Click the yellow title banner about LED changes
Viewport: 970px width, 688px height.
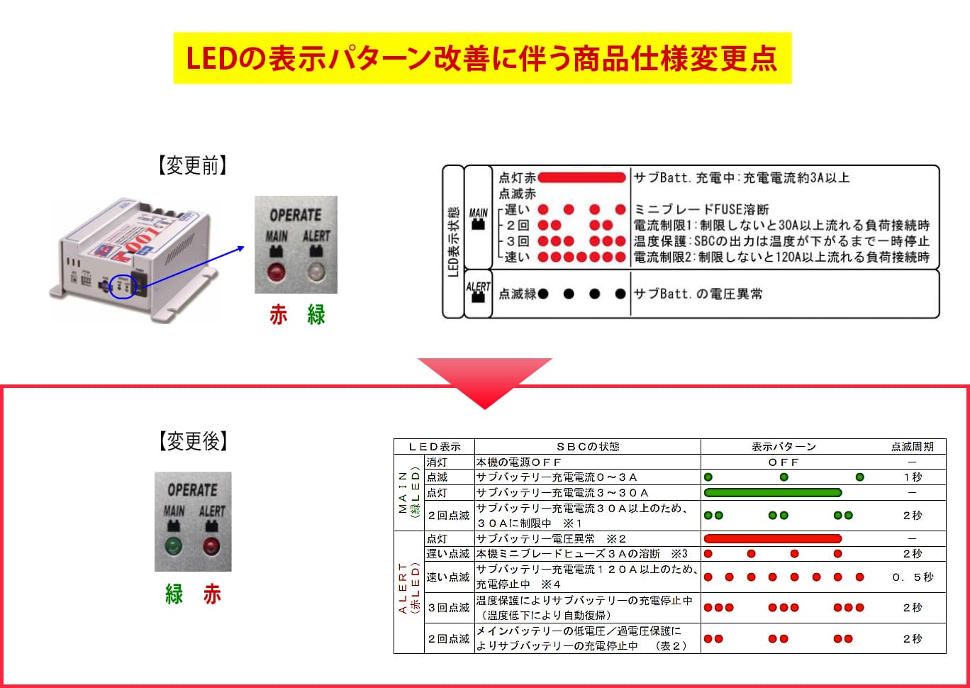point(482,58)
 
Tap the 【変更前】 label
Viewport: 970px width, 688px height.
point(193,166)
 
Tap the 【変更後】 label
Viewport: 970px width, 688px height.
point(193,441)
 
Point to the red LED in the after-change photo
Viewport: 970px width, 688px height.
point(211,546)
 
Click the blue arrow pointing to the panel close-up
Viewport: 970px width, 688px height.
point(191,266)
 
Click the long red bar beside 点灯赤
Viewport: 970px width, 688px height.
point(581,177)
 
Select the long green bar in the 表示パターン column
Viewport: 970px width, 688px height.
point(773,492)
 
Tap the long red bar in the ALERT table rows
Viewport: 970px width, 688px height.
point(773,539)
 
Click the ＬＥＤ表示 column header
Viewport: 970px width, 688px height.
point(435,447)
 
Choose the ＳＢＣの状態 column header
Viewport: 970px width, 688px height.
point(588,447)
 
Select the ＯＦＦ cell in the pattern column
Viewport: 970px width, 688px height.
point(784,462)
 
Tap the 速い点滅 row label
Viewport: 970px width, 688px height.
point(448,577)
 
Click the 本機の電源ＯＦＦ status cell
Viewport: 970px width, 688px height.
point(519,462)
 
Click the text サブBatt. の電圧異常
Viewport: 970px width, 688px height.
point(698,294)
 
